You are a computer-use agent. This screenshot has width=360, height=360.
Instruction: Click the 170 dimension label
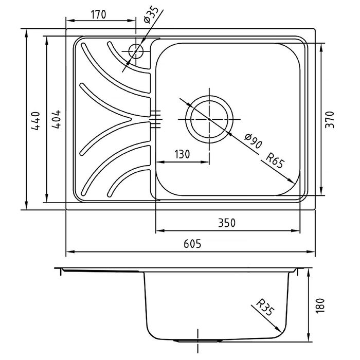(x=99, y=15)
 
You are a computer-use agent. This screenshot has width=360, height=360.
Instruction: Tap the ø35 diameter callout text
(x=151, y=15)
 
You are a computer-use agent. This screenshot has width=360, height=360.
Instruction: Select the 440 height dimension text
(x=36, y=121)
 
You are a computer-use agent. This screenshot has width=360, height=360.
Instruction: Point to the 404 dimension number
(x=56, y=119)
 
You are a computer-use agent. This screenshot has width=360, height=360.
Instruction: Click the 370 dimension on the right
(x=330, y=120)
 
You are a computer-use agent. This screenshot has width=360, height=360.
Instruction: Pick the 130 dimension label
(x=182, y=154)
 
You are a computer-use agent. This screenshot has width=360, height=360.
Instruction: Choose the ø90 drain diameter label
(x=253, y=141)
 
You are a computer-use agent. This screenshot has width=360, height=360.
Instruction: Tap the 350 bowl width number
(x=227, y=223)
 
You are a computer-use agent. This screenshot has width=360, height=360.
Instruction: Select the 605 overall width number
(x=192, y=244)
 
